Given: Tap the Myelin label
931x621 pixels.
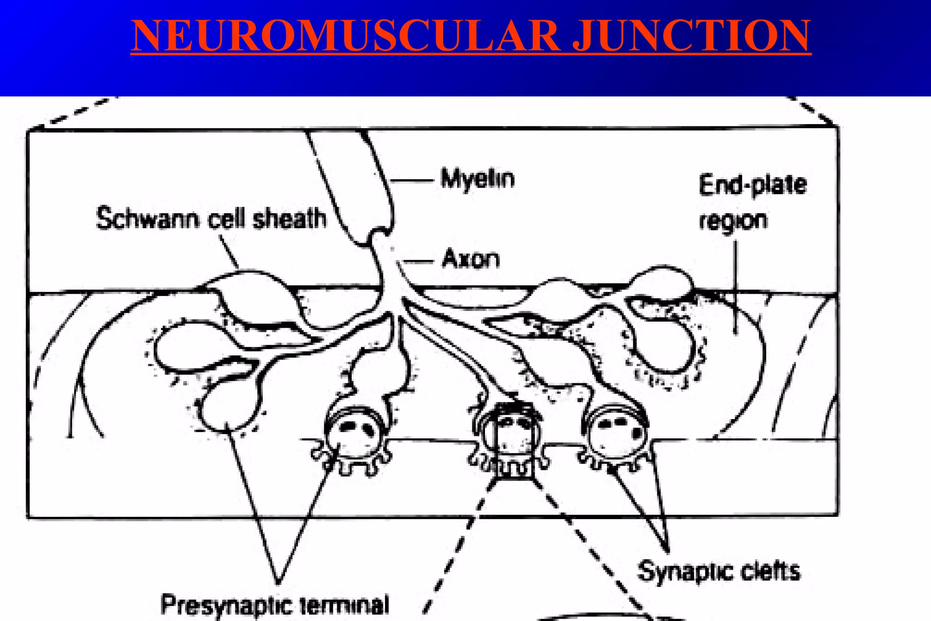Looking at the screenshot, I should (477, 179).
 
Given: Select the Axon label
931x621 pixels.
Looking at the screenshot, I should (471, 260).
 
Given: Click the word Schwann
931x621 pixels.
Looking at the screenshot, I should (148, 219).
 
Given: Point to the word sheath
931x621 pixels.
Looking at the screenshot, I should (290, 219).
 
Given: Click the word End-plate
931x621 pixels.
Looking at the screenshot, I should (752, 185).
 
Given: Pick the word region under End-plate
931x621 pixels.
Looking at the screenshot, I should (733, 221).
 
